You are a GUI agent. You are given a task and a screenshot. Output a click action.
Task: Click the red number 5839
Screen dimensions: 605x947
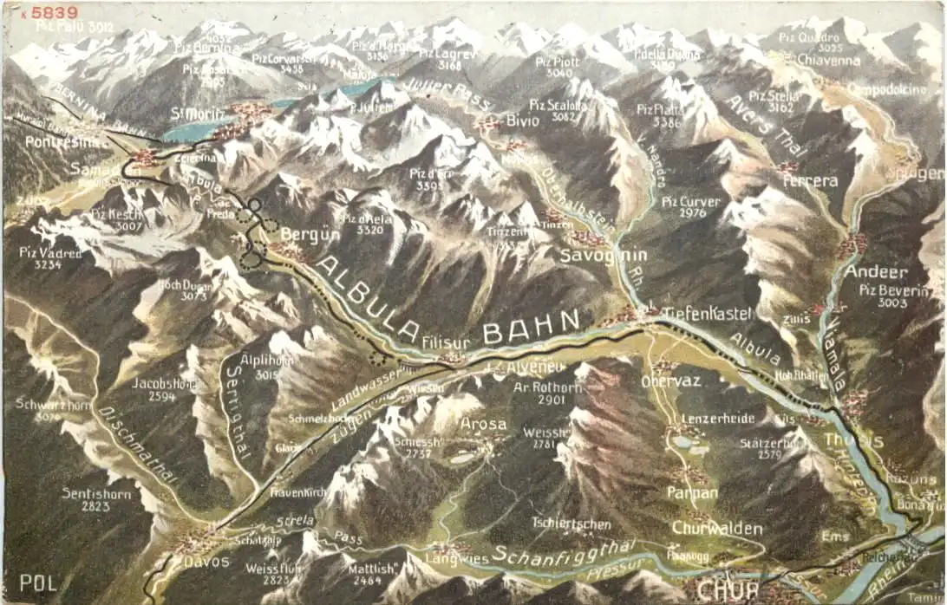[54, 13]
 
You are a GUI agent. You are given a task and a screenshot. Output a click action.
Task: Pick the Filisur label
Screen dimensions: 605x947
[446, 342]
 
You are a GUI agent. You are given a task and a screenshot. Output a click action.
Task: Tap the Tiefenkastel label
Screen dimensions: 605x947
[708, 313]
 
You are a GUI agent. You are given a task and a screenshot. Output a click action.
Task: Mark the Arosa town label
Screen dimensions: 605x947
[484, 424]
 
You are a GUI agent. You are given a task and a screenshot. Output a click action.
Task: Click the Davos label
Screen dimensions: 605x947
[206, 561]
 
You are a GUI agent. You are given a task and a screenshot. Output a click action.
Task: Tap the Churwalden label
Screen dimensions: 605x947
[717, 528]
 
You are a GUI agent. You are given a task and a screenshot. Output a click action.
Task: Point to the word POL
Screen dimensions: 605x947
[38, 582]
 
